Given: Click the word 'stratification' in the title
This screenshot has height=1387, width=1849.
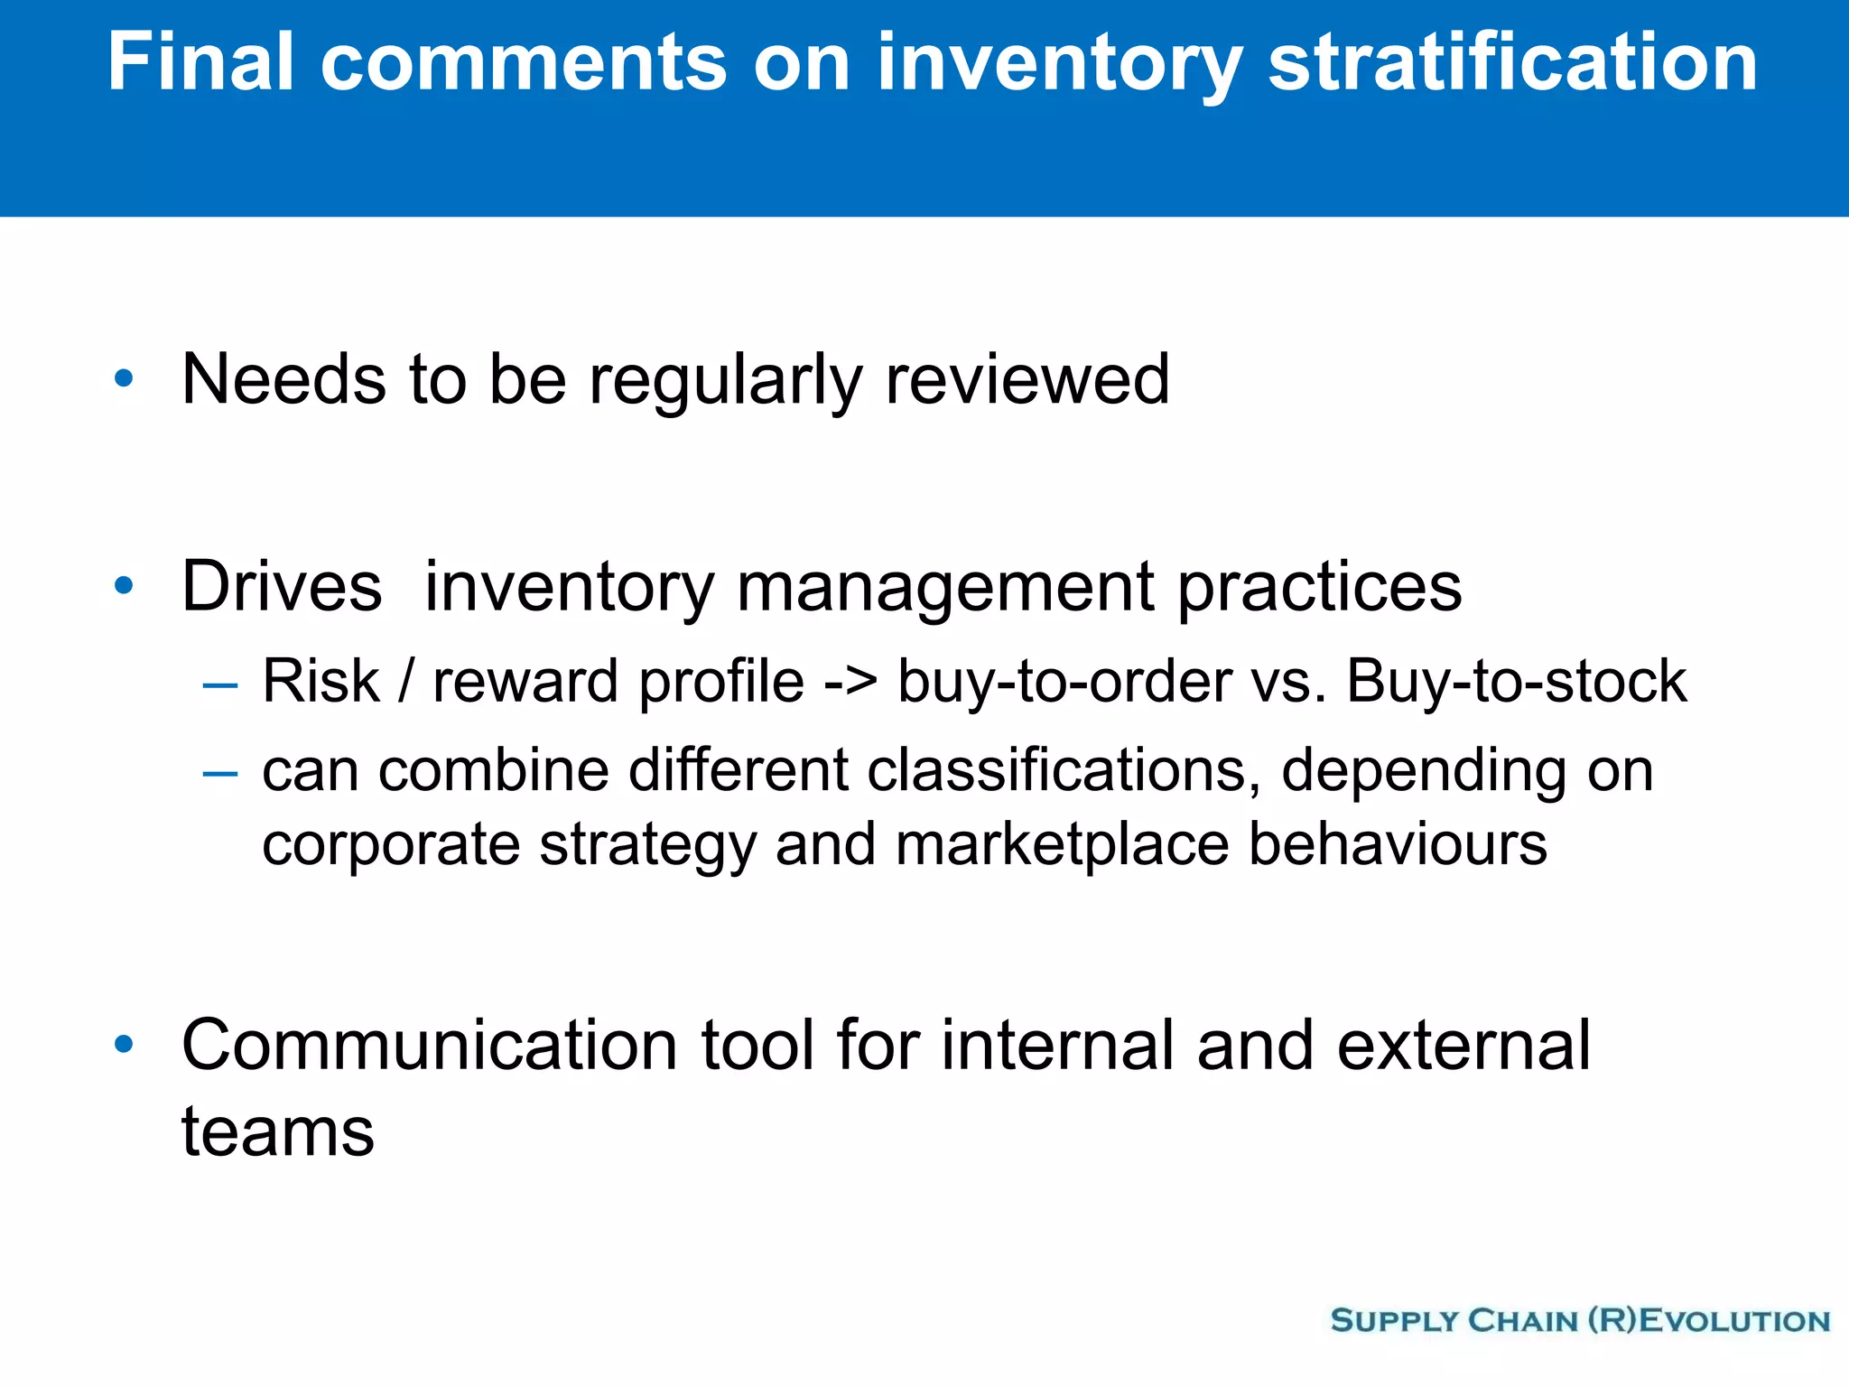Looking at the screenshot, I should tap(1512, 63).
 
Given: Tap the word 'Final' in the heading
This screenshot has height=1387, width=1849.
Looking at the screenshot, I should tap(200, 63).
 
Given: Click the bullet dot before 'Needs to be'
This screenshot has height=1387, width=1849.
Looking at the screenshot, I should tap(125, 378).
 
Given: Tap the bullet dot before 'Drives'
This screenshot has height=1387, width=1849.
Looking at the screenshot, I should tap(125, 586).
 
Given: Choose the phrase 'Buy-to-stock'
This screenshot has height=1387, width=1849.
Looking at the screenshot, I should tap(1516, 682).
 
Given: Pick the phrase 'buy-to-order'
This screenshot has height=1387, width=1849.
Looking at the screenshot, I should tap(1064, 682).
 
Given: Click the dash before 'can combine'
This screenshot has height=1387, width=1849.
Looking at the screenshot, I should tap(220, 775).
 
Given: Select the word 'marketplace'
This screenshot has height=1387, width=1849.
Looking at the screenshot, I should tap(1062, 845).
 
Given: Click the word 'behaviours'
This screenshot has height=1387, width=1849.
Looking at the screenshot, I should tap(1398, 844).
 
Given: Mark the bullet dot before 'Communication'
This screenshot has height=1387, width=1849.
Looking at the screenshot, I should tap(125, 1045).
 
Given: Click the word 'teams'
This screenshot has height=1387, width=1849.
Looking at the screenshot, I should tap(277, 1132).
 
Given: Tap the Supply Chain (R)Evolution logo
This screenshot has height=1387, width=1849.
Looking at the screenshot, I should tap(1580, 1320).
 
